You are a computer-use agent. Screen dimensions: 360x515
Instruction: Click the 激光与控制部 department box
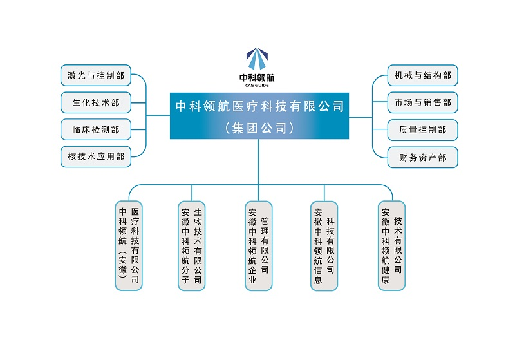pos(96,75)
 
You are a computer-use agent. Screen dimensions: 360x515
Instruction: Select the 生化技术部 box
pos(96,102)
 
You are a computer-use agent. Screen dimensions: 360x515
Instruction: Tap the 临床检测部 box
pos(96,129)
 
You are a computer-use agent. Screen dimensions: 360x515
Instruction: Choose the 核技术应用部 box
pos(96,156)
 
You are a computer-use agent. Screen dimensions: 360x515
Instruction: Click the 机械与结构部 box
pos(422,75)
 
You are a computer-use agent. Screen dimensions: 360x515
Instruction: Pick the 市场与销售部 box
pos(422,102)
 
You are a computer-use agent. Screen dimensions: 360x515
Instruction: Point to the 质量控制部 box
pos(422,129)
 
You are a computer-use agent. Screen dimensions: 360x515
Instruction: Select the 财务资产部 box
pos(422,156)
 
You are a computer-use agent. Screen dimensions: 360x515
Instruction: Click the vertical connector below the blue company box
pos(259,161)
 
